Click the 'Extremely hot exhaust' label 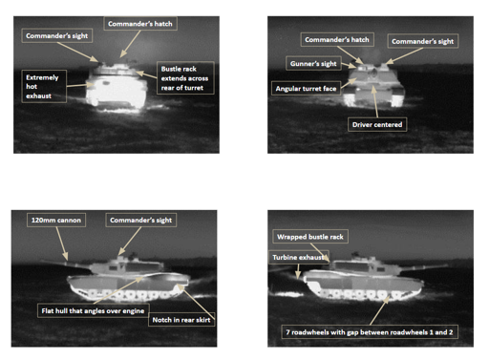44,86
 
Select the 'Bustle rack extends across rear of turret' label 185,78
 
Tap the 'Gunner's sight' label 313,64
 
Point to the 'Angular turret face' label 306,89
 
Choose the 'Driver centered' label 377,124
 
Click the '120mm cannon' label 56,220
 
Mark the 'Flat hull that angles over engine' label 93,310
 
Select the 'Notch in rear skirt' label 181,320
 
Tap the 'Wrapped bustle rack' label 310,237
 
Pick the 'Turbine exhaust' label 299,257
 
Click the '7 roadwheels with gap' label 370,332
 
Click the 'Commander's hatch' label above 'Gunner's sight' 337,39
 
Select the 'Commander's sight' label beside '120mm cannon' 141,220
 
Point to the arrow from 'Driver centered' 375,101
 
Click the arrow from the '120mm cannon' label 62,244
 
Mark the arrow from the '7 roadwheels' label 380,310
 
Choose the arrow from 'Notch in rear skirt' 196,302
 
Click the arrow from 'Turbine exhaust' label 298,271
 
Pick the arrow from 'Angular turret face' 349,82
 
